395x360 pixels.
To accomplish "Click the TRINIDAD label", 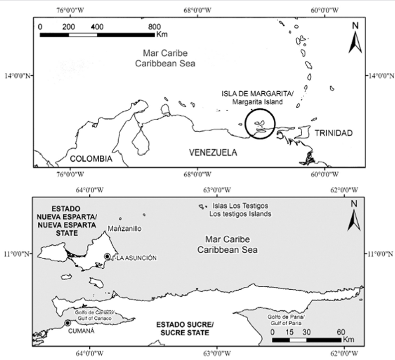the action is tap(334, 133).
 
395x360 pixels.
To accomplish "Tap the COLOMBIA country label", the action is tap(91, 159).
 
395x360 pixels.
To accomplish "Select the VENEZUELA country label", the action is tap(213, 153).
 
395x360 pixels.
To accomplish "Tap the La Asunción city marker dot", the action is tap(107, 256).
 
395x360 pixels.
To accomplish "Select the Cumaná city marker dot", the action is tap(67, 323).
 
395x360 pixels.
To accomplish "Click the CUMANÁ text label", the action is tap(81, 331).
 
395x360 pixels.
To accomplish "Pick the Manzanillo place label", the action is tap(125, 229).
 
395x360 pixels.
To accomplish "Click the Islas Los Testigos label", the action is tap(240, 206).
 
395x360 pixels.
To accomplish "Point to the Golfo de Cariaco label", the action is tap(94, 313).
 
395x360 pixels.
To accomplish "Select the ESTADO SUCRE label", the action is tap(185, 325).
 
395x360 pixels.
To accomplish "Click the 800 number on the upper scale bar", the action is tap(154, 27).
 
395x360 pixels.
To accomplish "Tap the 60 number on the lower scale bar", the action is tap(341, 332).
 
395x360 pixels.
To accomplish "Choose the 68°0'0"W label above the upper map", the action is tap(197, 10).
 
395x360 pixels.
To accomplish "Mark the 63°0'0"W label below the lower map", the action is tap(217, 354).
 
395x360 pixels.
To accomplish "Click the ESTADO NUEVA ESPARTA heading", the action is tap(66, 221).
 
